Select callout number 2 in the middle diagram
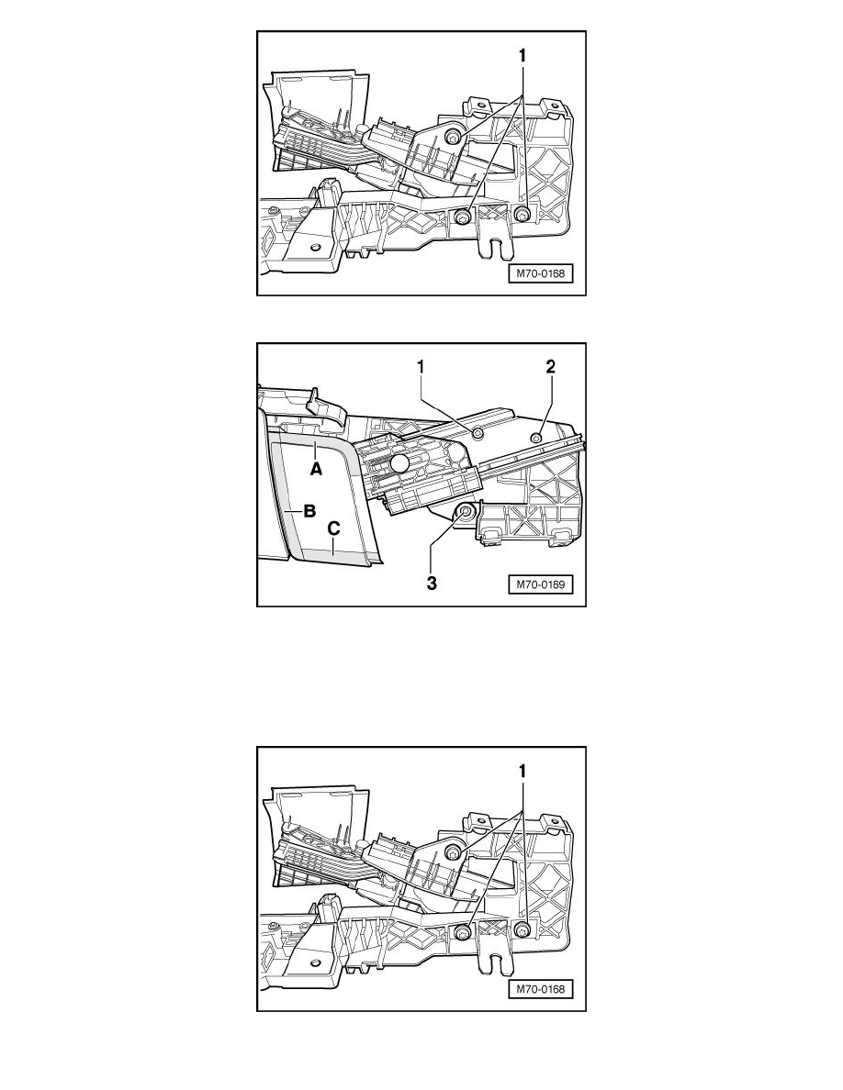tap(551, 366)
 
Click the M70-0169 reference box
tap(538, 588)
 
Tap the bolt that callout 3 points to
tap(465, 509)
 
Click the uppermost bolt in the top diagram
tap(453, 137)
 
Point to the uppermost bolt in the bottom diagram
tap(453, 853)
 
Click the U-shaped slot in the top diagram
tap(497, 248)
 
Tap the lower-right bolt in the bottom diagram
tap(522, 931)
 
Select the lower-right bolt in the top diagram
tap(522, 215)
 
